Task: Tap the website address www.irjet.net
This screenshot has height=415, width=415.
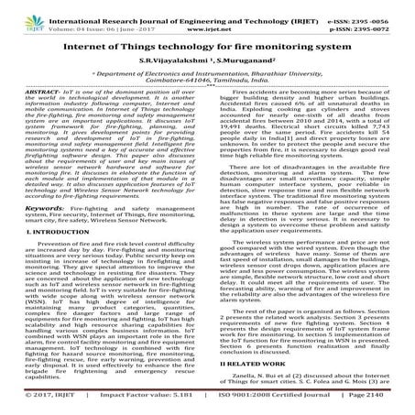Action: pos(208,17)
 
